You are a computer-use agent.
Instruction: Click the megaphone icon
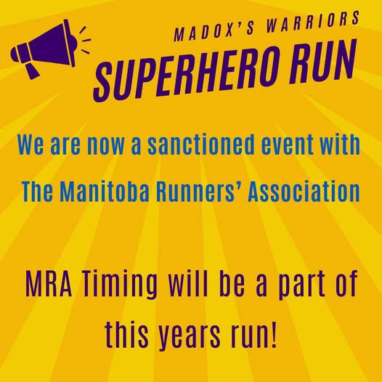pyautogui.click(x=46, y=47)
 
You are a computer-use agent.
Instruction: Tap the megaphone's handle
pyautogui.click(x=32, y=70)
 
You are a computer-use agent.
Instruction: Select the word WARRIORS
pyautogui.click(x=313, y=21)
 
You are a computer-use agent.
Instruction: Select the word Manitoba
pyautogui.click(x=104, y=192)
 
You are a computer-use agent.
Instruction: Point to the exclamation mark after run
pyautogui.click(x=274, y=334)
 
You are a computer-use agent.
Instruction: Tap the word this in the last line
pyautogui.click(x=126, y=334)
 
